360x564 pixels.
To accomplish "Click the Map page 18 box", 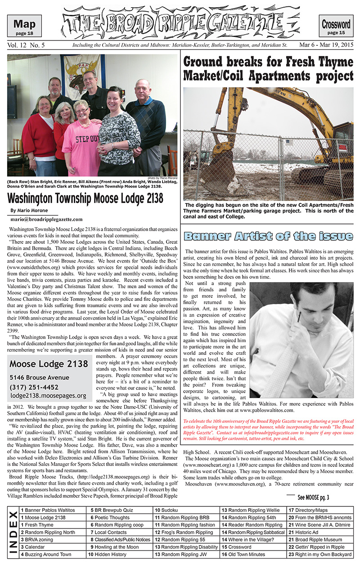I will tap(27, 26).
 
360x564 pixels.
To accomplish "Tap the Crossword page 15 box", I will tap(336, 27).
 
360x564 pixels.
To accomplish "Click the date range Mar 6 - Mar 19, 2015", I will tap(327, 45).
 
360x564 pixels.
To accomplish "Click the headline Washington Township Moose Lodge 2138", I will tap(85, 198).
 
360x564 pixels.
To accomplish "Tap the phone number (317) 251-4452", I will tap(34, 387).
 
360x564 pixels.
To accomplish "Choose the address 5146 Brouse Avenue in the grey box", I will tap(40, 377).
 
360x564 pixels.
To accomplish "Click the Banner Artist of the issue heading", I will tap(268, 237).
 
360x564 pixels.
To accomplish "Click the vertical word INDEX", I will tap(13, 532).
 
